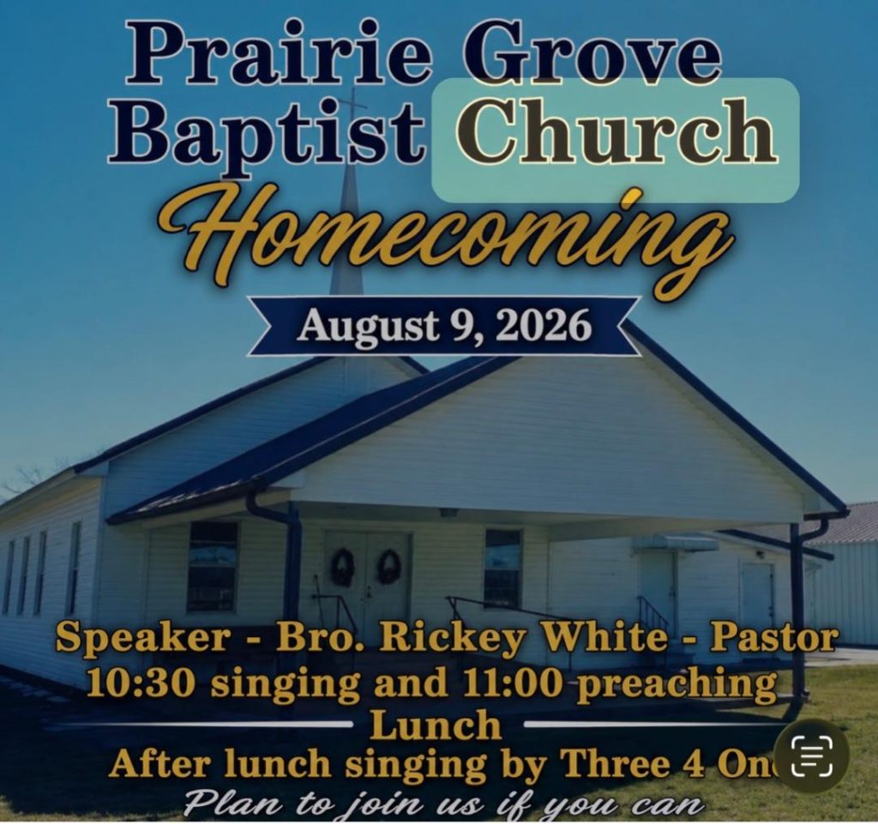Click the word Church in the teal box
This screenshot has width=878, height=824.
616,129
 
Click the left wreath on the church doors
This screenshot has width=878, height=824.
343,567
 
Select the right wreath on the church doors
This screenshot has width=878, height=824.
389,567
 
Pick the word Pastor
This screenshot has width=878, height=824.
774,638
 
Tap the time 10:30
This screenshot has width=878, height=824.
144,683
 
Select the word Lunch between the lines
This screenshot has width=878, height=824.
436,725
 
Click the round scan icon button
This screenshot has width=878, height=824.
812,755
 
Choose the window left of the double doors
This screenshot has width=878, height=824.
213,566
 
